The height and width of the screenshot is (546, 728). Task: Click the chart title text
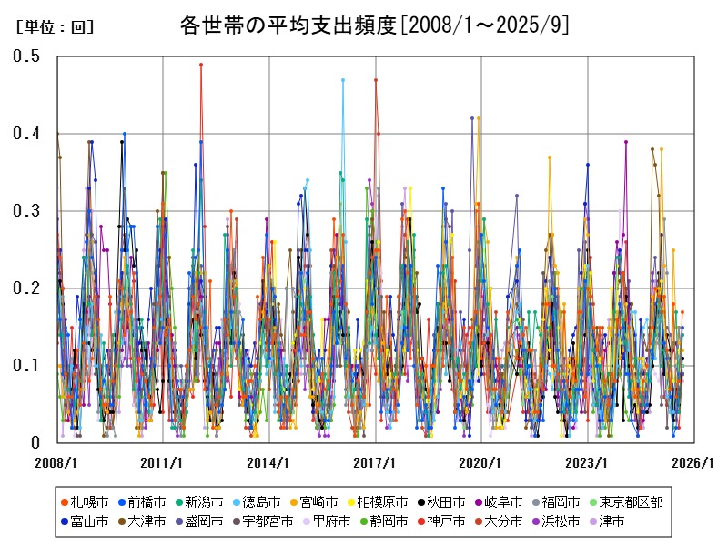click(374, 25)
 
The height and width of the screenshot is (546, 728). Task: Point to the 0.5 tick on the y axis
click(26, 56)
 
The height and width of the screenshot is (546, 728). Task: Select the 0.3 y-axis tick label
click(26, 211)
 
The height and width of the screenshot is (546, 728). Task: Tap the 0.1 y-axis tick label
click(26, 366)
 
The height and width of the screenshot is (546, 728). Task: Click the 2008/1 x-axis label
click(57, 462)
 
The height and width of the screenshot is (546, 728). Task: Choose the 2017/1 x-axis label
click(376, 462)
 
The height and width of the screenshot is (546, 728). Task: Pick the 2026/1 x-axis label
click(694, 462)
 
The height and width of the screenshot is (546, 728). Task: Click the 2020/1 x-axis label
click(482, 462)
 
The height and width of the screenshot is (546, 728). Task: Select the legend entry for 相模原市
click(382, 501)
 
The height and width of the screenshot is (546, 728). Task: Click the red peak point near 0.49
click(201, 65)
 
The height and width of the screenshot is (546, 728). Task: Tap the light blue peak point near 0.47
click(343, 80)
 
